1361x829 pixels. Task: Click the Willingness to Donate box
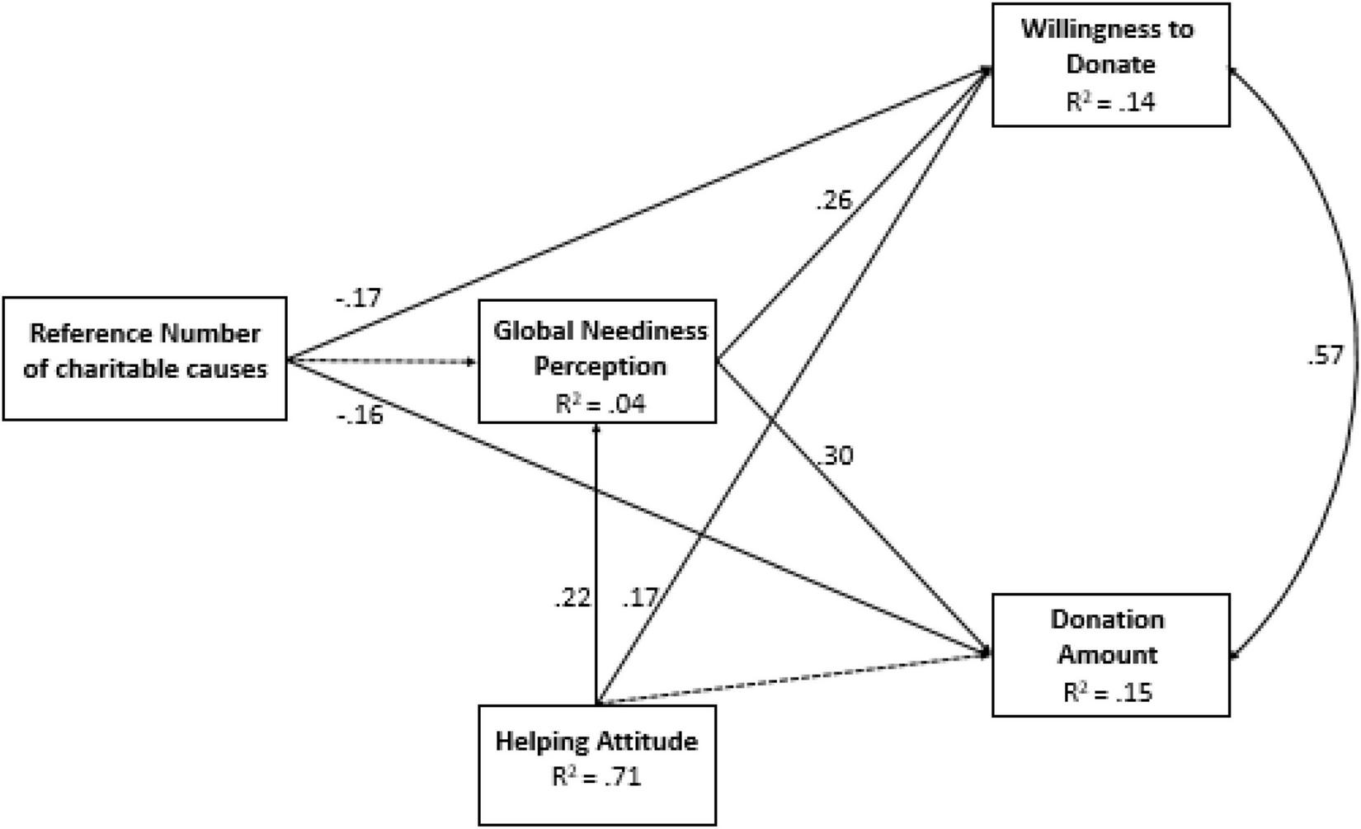click(x=1110, y=64)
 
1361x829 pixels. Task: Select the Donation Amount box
click(x=1110, y=654)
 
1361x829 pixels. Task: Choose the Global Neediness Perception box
click(x=597, y=361)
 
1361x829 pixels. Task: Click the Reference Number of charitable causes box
click(x=145, y=359)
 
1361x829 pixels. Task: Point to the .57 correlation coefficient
click(x=1325, y=356)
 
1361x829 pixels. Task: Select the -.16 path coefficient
click(x=360, y=415)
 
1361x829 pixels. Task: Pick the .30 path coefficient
click(x=836, y=455)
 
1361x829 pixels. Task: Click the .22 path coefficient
click(x=572, y=597)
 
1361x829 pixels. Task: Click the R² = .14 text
click(x=1110, y=103)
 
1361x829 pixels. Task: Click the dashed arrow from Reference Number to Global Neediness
click(x=384, y=361)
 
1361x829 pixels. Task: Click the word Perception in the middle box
click(x=600, y=366)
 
